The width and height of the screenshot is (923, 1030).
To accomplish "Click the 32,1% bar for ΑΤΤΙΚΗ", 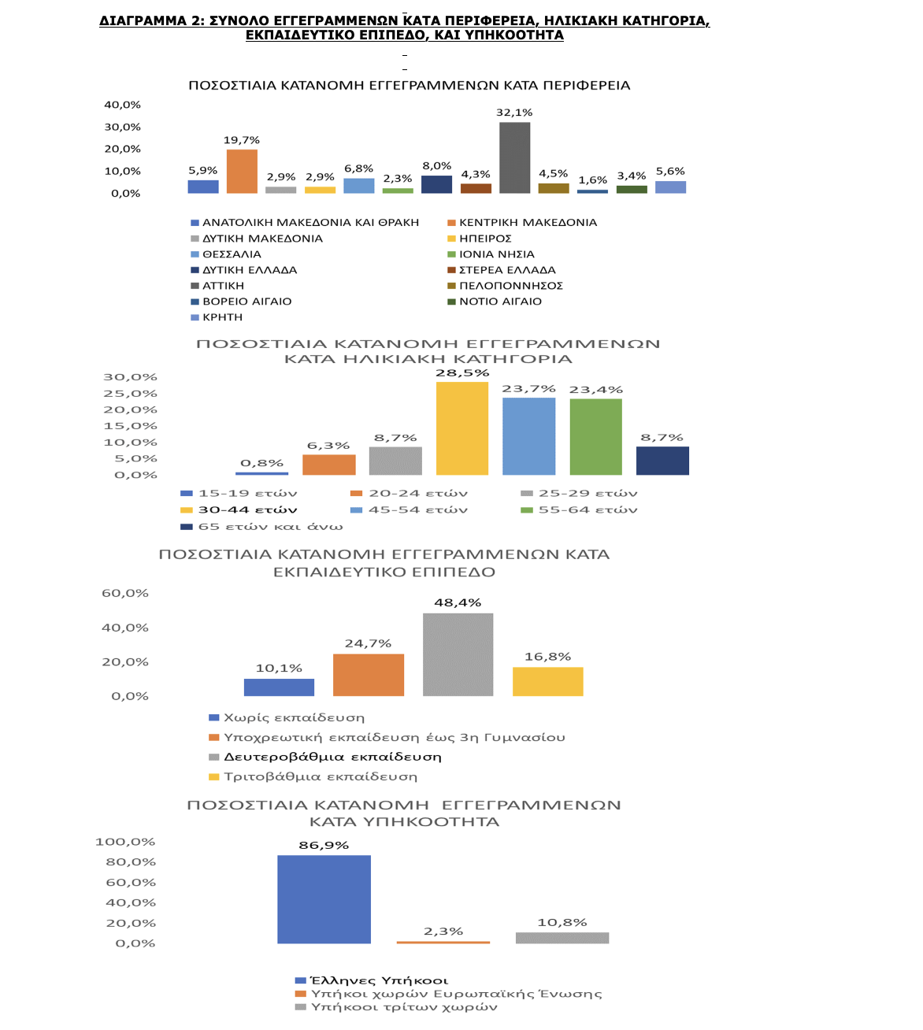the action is click(514, 157).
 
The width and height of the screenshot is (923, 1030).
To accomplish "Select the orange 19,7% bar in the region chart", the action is click(242, 172).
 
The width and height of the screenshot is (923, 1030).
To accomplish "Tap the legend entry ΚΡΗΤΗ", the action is click(217, 317).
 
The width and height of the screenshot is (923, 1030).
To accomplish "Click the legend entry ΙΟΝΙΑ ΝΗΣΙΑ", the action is click(491, 254).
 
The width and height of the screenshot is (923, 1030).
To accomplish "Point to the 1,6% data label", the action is click(592, 180).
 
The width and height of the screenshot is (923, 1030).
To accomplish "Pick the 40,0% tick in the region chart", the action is click(122, 105).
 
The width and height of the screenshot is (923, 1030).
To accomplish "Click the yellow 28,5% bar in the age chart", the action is click(461, 428).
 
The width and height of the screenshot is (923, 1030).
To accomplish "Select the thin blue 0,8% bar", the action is click(261, 473).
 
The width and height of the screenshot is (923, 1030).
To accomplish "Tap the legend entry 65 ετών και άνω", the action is click(262, 527).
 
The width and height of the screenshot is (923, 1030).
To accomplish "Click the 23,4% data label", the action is click(595, 390).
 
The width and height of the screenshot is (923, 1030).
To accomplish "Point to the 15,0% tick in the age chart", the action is click(130, 426).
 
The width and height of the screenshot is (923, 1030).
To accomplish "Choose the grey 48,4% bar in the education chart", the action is click(458, 654).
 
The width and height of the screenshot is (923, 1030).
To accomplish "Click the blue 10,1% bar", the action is click(279, 687).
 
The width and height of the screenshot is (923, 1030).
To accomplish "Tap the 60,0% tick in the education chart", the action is click(125, 593).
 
